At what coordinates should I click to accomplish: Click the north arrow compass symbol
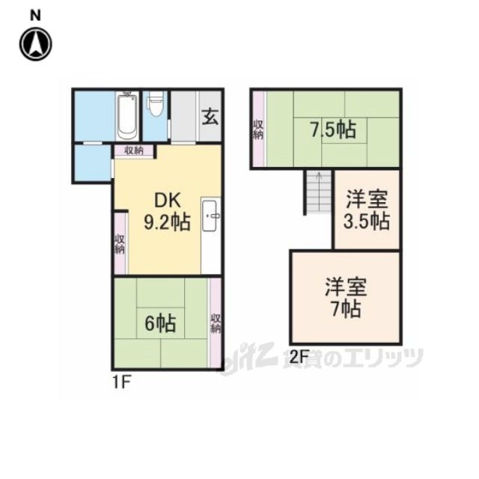pos(36,44)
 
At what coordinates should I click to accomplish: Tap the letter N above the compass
pos(35,16)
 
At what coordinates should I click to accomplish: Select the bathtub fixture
pos(127,116)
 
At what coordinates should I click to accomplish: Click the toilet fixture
pos(156,104)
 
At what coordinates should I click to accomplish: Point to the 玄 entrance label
pos(210,116)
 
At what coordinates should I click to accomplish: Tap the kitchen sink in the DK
pos(211,216)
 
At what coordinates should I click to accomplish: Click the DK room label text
pos(168,201)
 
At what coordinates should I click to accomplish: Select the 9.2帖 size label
pos(167,222)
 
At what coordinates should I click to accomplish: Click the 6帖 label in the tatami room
pos(160,323)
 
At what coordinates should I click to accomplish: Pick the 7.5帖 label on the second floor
pos(333,129)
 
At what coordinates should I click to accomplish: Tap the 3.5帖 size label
pos(367,221)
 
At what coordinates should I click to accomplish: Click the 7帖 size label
pos(346,309)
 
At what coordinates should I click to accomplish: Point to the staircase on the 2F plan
pos(319,192)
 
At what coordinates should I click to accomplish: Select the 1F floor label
pos(122,382)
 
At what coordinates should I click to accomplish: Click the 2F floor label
pos(299,356)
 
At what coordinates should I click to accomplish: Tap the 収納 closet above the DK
pos(134,150)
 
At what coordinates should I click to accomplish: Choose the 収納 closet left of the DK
pos(120,244)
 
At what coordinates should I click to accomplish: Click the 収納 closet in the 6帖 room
pos(216,323)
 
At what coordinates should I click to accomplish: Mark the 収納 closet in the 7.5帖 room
pos(258,129)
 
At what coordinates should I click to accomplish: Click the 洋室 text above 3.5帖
pos(367,199)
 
